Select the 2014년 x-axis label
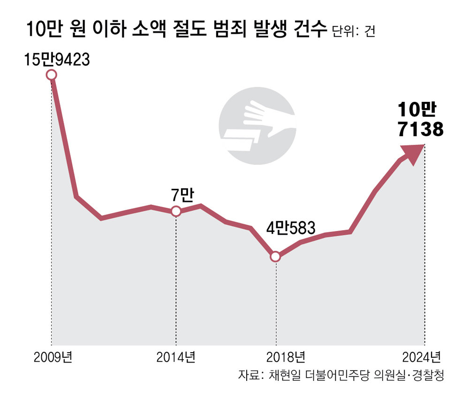tap(176, 358)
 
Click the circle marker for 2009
tap(52, 75)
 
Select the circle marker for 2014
tap(176, 211)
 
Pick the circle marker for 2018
tap(276, 256)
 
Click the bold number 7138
tap(420, 130)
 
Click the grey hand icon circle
tap(257, 126)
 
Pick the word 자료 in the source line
tap(249, 376)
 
